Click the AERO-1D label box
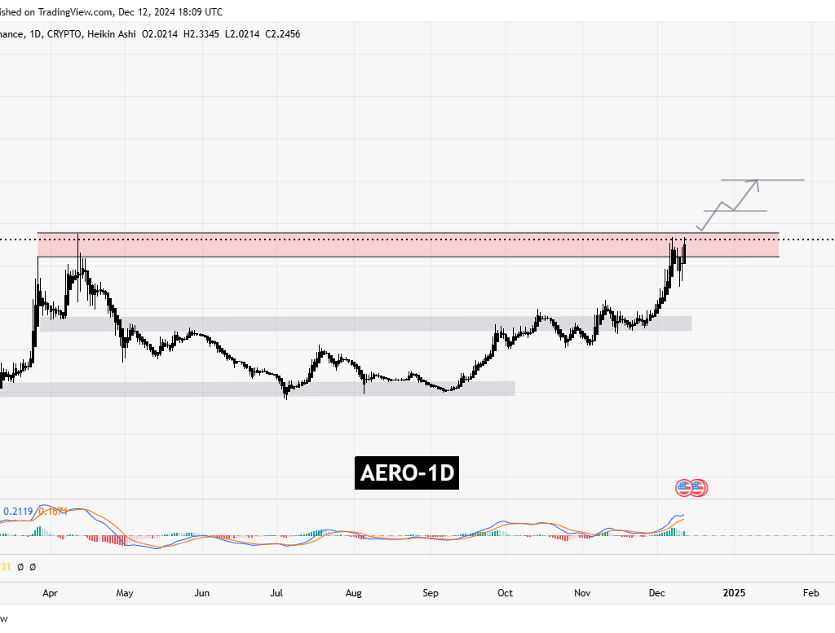[406, 473]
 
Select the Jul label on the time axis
[277, 593]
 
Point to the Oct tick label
[505, 593]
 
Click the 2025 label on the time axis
[734, 593]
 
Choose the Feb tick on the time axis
[811, 593]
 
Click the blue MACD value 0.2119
[18, 512]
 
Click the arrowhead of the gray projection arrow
[758, 182]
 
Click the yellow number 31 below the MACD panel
[7, 566]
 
